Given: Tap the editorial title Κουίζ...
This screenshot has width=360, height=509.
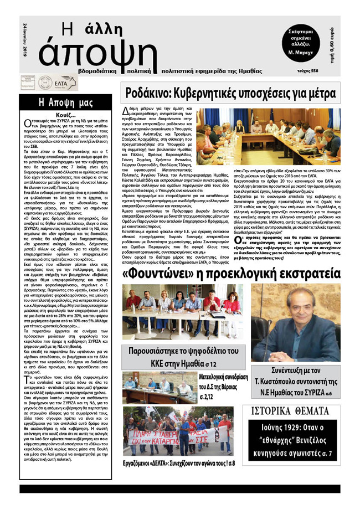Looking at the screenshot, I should pyautogui.click(x=65, y=115).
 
